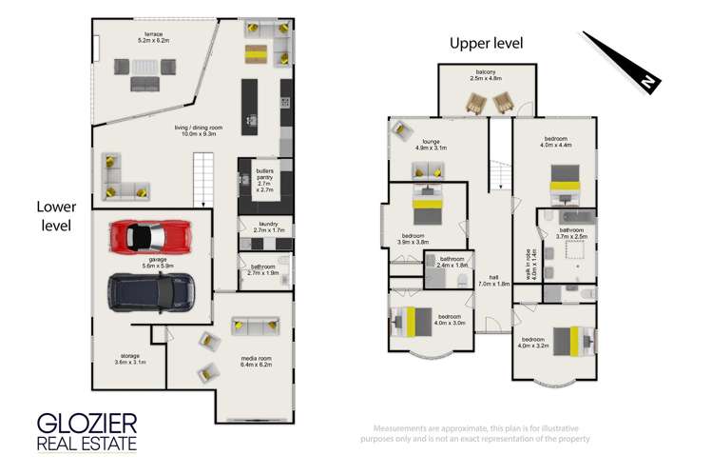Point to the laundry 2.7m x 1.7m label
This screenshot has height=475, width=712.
pos(265,228)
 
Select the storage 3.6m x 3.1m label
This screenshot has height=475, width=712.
pos(129,360)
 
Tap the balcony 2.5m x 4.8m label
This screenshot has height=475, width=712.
pos(486,75)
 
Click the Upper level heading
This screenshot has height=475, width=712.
pos(486,43)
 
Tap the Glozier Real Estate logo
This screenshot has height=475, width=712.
pos(87,431)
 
